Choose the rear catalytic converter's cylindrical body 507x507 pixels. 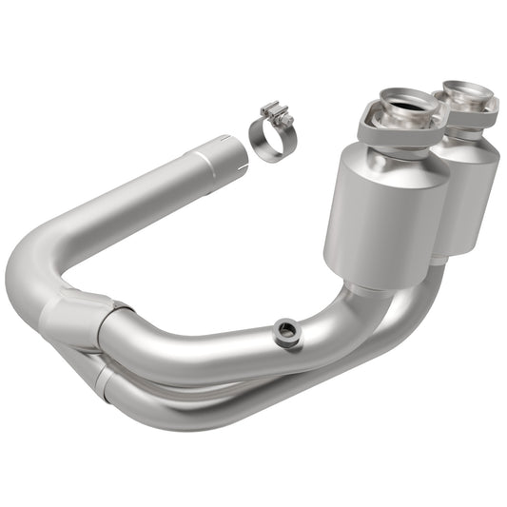pyautogui.click(x=469, y=195)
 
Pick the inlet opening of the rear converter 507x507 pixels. pyautogui.click(x=468, y=93)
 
